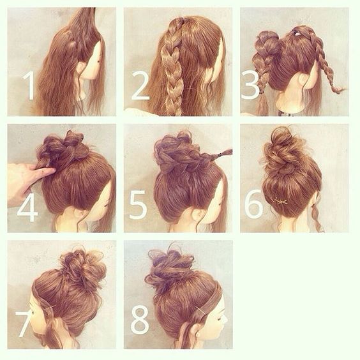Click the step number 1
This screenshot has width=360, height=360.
pyautogui.click(x=29, y=86)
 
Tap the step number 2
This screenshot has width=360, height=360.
pyautogui.click(x=140, y=86)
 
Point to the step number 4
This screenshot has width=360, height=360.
pyautogui.click(x=27, y=207)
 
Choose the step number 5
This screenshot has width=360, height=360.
pyautogui.click(x=138, y=205)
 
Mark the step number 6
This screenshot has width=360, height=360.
pyautogui.click(x=253, y=204)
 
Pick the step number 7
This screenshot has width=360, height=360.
pyautogui.click(x=24, y=324)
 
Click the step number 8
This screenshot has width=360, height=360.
pyautogui.click(x=140, y=320)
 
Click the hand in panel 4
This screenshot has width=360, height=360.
pyautogui.click(x=27, y=181)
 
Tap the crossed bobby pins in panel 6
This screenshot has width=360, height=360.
pyautogui.click(x=279, y=202)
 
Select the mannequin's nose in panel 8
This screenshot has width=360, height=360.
pyautogui.click(x=225, y=318)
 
